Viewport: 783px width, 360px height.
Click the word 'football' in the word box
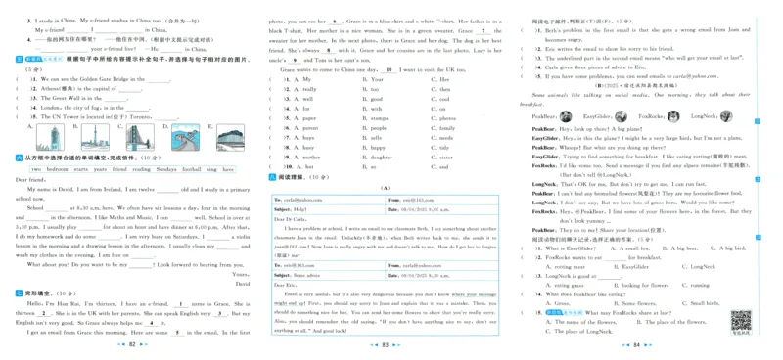[x=192, y=169]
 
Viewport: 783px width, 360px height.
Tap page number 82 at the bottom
[x=132, y=345]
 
